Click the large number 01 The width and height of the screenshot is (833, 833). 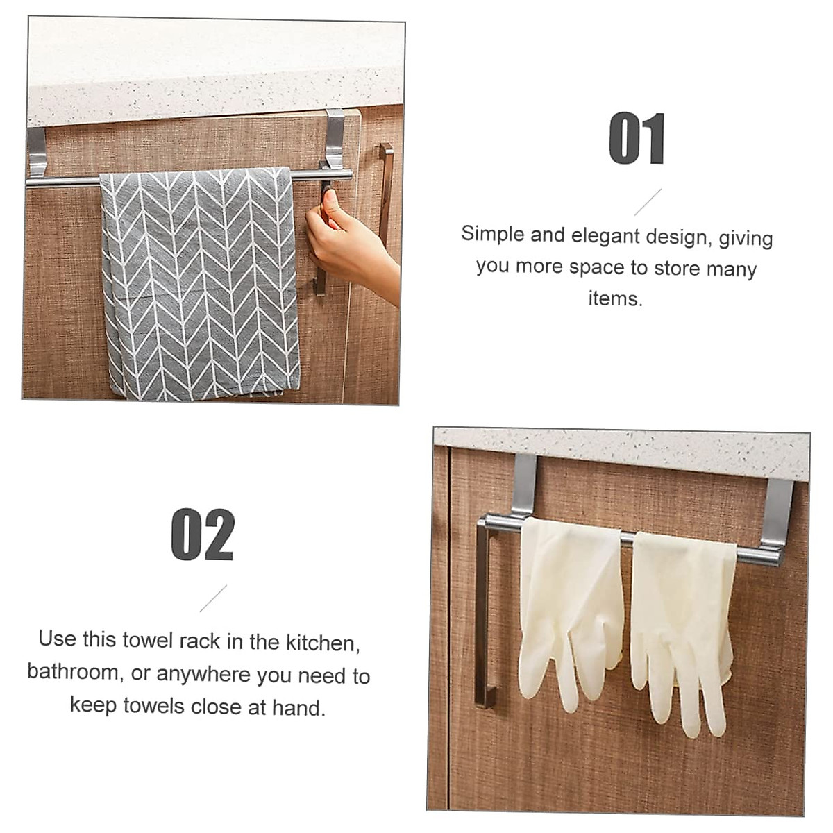point(637,140)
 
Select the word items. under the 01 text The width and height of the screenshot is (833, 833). point(615,298)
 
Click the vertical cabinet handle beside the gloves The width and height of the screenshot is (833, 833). point(486,611)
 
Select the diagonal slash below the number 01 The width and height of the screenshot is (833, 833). point(648,202)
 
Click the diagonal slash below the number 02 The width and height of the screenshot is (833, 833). point(213,598)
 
